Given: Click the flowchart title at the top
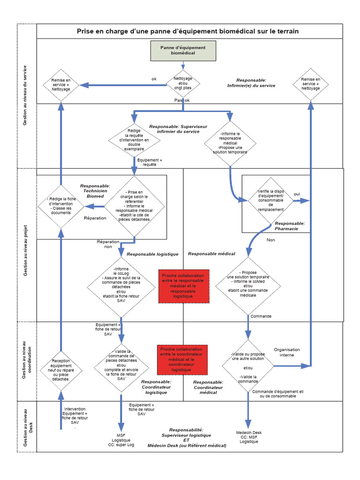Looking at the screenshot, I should coord(187,31).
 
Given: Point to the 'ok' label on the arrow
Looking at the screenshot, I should coord(154,79).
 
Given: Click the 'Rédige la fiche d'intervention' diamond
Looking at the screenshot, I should coord(61,206).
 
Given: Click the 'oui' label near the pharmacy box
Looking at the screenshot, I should coord(297,194).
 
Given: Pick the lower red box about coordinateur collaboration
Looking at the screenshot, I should coord(181,360).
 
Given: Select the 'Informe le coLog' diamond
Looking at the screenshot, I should coord(121,285).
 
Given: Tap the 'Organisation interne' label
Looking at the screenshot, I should coord(287,352).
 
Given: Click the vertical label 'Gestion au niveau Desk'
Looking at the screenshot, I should coord(27,426).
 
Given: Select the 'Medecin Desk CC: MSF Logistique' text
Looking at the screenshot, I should coord(248,437).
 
